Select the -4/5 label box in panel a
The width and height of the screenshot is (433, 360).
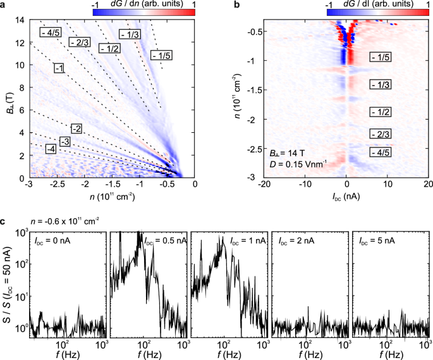pos(49,32)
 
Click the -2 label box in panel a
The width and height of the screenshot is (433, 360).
pos(77,129)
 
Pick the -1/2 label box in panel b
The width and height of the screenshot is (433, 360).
pos(381,112)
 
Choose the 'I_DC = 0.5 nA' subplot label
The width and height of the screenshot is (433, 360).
pos(141,242)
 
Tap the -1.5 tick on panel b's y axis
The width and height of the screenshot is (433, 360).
pos(250,90)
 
